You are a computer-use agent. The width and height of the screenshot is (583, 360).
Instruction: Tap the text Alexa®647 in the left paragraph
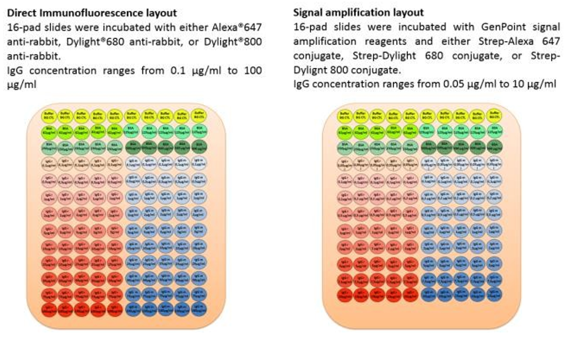(x=239, y=27)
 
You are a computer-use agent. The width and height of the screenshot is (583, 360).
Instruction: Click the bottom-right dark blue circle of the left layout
(x=199, y=308)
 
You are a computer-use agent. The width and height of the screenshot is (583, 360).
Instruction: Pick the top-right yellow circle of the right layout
(x=494, y=114)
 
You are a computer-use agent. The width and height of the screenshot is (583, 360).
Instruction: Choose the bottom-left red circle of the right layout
(x=344, y=295)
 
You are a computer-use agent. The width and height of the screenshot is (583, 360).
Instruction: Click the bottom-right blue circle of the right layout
(x=494, y=295)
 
